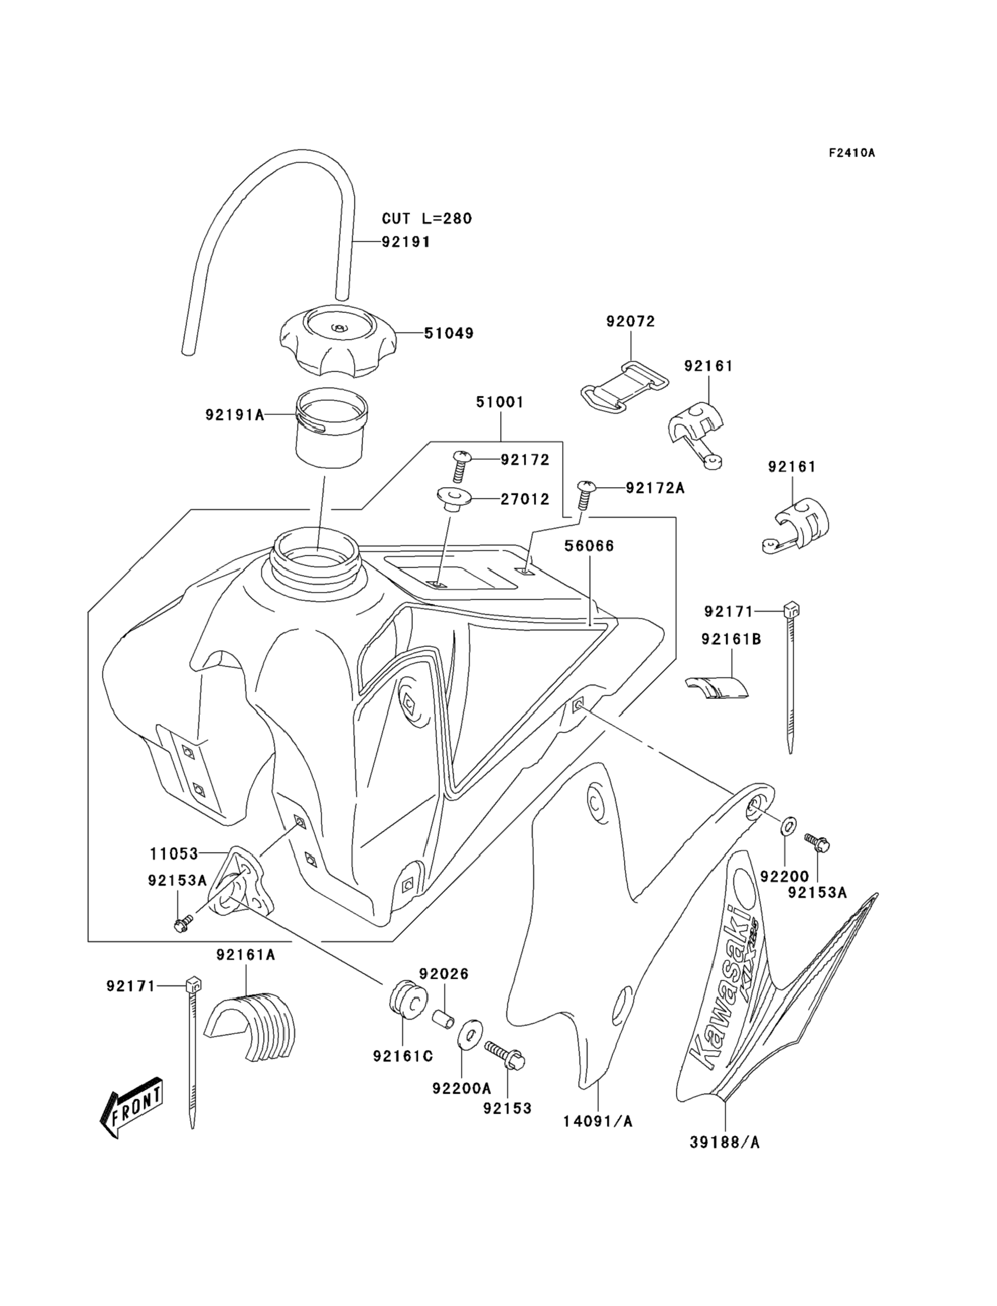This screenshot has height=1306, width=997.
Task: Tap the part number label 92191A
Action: click(x=234, y=414)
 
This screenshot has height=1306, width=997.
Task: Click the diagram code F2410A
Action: click(x=852, y=153)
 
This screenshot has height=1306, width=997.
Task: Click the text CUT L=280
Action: click(x=427, y=218)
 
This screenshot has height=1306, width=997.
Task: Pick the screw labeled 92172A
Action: click(x=585, y=494)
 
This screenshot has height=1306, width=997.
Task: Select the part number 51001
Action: click(x=500, y=402)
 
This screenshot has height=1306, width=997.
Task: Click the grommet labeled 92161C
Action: click(x=408, y=998)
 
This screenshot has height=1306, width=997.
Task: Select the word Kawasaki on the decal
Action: click(x=717, y=989)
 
